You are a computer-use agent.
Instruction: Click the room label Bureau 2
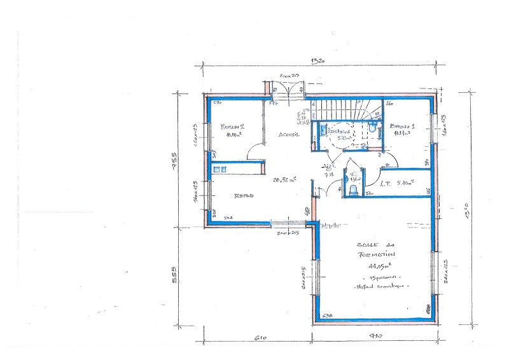tap(233, 127)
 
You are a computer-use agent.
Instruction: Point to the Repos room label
tap(244, 197)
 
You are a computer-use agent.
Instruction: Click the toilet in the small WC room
tap(352, 190)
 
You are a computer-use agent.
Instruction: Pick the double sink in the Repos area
tap(220, 169)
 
